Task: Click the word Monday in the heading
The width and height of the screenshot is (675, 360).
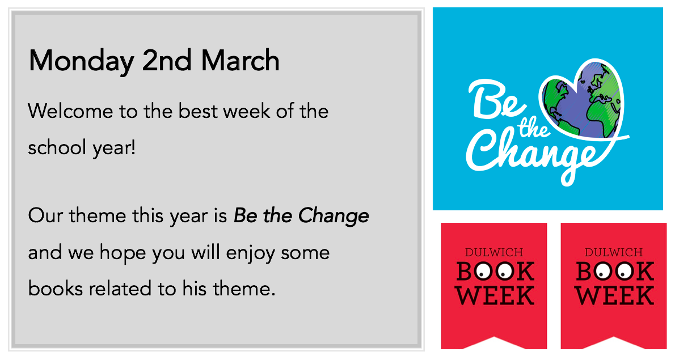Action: (81, 61)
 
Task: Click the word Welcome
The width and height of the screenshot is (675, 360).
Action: (70, 111)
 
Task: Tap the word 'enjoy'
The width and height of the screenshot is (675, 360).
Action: (250, 253)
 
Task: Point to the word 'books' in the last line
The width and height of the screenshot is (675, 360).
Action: (55, 288)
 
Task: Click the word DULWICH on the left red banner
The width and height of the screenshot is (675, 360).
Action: (493, 252)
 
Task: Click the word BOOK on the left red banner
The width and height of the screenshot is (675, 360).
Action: (495, 271)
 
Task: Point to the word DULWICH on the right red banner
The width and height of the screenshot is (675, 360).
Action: (613, 252)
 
